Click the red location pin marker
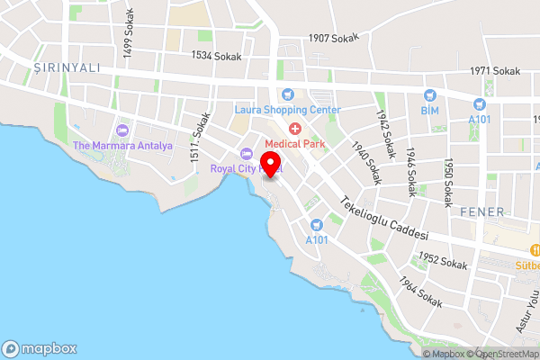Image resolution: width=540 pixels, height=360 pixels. [269, 163]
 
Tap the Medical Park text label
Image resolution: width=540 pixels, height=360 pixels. [293, 143]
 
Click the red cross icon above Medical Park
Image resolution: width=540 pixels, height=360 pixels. [293, 128]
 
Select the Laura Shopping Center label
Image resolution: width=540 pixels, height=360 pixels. [288, 110]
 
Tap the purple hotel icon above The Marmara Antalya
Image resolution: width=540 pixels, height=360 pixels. [122, 130]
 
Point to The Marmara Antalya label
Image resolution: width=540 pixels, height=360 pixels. [122, 146]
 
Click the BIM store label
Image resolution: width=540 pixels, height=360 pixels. [428, 110]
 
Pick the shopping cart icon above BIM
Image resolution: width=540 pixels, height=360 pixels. [429, 94]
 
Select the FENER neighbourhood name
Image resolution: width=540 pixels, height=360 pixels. [476, 211]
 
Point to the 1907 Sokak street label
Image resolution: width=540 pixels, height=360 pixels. [333, 38]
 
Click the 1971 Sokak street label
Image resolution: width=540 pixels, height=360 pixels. [495, 71]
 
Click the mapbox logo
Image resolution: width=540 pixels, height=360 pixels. [40, 348]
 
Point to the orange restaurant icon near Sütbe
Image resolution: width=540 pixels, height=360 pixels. [535, 250]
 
